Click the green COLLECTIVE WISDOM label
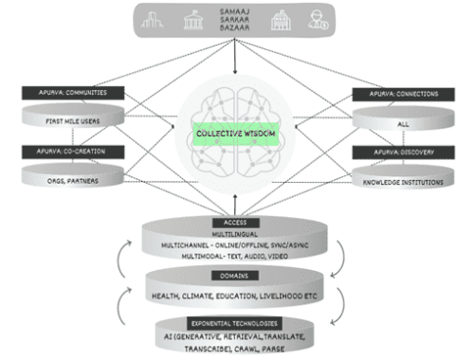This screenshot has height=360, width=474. pyautogui.click(x=233, y=135)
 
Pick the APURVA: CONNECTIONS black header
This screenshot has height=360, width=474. pyautogui.click(x=398, y=93)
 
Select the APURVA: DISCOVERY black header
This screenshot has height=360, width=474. pyautogui.click(x=398, y=152)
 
